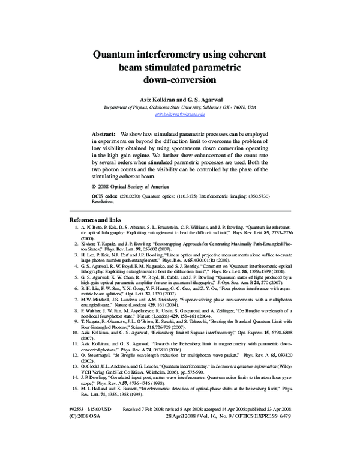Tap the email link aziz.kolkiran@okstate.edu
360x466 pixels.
180,113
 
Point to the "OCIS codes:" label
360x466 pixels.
106,196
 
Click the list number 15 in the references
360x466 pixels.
76,389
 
